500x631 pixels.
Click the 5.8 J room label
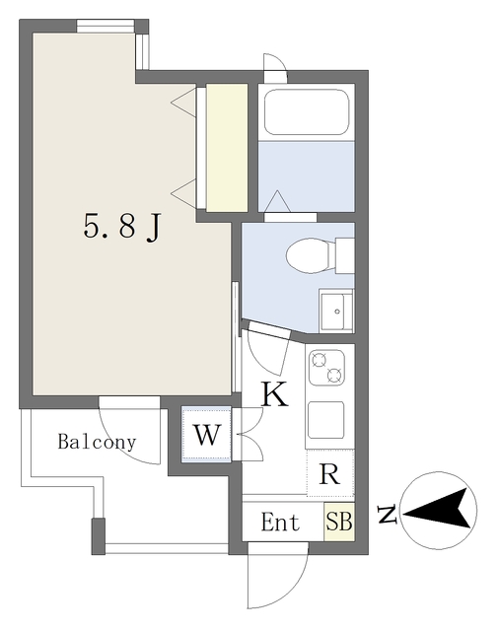pyautogui.click(x=122, y=229)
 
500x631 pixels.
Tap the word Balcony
pyautogui.click(x=96, y=442)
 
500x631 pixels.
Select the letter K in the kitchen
pyautogui.click(x=273, y=395)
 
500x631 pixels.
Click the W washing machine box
pyautogui.click(x=206, y=435)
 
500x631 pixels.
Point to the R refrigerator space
pyautogui.click(x=329, y=474)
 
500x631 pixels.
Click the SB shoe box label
pyautogui.click(x=339, y=522)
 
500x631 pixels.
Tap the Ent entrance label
pyautogui.click(x=280, y=523)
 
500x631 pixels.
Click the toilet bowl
pyautogui.click(x=310, y=256)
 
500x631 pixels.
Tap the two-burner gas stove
pyautogui.click(x=327, y=368)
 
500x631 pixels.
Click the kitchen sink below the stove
pyautogui.click(x=326, y=420)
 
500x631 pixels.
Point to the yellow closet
pyautogui.click(x=227, y=148)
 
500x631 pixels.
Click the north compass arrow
pyautogui.click(x=439, y=512)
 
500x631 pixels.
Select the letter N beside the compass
pyautogui.click(x=390, y=514)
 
